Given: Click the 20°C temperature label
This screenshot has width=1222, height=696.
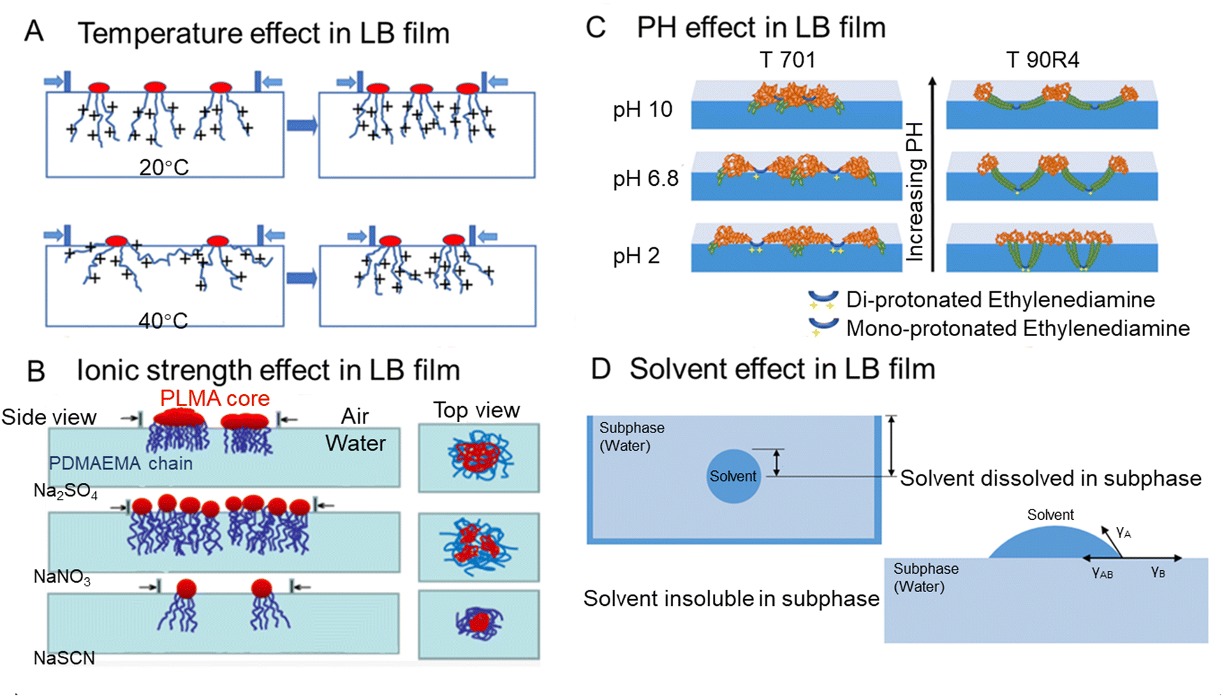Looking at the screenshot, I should tap(163, 168).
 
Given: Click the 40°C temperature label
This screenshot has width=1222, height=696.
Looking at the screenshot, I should tap(163, 321).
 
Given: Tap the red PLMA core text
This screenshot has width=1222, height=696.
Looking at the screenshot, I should tap(214, 398).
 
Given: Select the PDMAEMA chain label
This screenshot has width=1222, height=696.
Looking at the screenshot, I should tap(120, 463).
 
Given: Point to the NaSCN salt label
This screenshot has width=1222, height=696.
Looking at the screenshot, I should tap(64, 658).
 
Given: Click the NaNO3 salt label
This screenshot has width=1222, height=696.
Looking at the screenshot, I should tap(62, 577).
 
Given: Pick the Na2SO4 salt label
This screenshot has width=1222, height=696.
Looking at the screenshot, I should tap(66, 492).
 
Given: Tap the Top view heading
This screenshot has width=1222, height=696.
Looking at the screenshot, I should tap(476, 410).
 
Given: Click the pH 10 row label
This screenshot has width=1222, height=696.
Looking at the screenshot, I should tap(642, 110).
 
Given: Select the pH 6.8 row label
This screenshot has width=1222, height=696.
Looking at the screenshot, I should tap(646, 179).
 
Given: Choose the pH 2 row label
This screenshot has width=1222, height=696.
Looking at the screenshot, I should tap(636, 256).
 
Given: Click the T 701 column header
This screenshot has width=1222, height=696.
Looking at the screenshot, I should tap(787, 60).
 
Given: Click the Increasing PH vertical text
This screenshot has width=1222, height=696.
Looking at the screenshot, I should tap(915, 192).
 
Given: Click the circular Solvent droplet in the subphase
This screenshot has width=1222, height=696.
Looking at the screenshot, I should tap(733, 476).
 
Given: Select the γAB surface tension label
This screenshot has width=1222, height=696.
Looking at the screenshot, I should tap(1102, 573).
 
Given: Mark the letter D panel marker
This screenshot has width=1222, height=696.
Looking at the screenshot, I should tap(601, 369).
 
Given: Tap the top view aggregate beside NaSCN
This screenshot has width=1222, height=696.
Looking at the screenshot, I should tap(479, 622).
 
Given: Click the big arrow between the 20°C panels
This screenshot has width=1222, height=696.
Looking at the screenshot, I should tap(302, 126).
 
